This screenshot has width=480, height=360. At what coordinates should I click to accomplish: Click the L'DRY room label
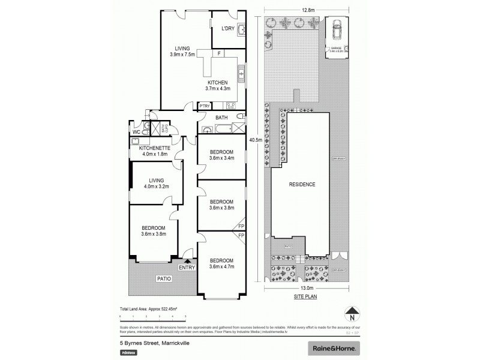click(227, 28)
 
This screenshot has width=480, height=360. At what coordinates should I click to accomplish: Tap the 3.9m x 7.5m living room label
click(182, 52)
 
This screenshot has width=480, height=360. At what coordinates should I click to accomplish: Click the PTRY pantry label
click(205, 106)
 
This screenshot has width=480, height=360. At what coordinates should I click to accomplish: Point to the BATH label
click(221, 118)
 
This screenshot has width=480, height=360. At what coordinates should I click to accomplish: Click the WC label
click(136, 131)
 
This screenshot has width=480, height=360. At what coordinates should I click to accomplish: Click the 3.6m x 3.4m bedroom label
click(221, 155)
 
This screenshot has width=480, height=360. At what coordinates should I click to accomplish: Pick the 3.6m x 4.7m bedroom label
click(221, 263)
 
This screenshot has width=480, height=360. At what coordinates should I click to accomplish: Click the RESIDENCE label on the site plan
click(302, 184)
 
